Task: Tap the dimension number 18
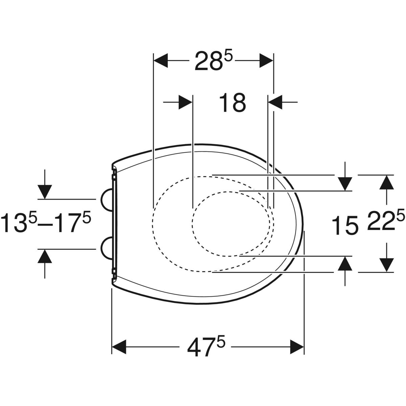(x=232, y=103)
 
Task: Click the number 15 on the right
(x=345, y=225)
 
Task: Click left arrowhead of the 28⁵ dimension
(x=161, y=61)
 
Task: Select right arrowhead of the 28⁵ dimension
(x=266, y=61)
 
